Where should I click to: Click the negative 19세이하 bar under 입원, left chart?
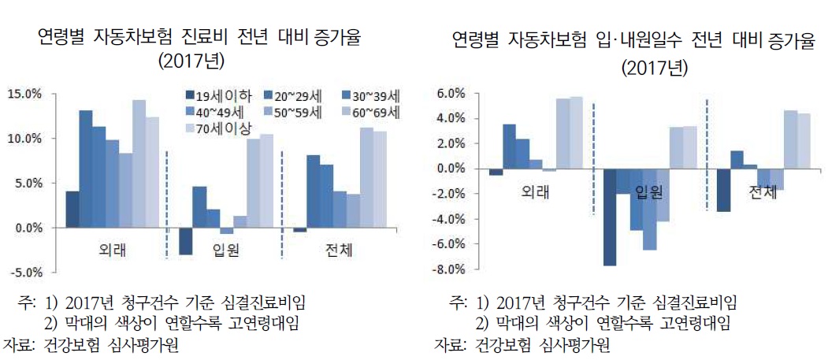coord(185,241)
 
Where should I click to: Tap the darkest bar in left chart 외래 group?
coord(72,210)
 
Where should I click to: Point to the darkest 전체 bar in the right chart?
coord(722,190)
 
